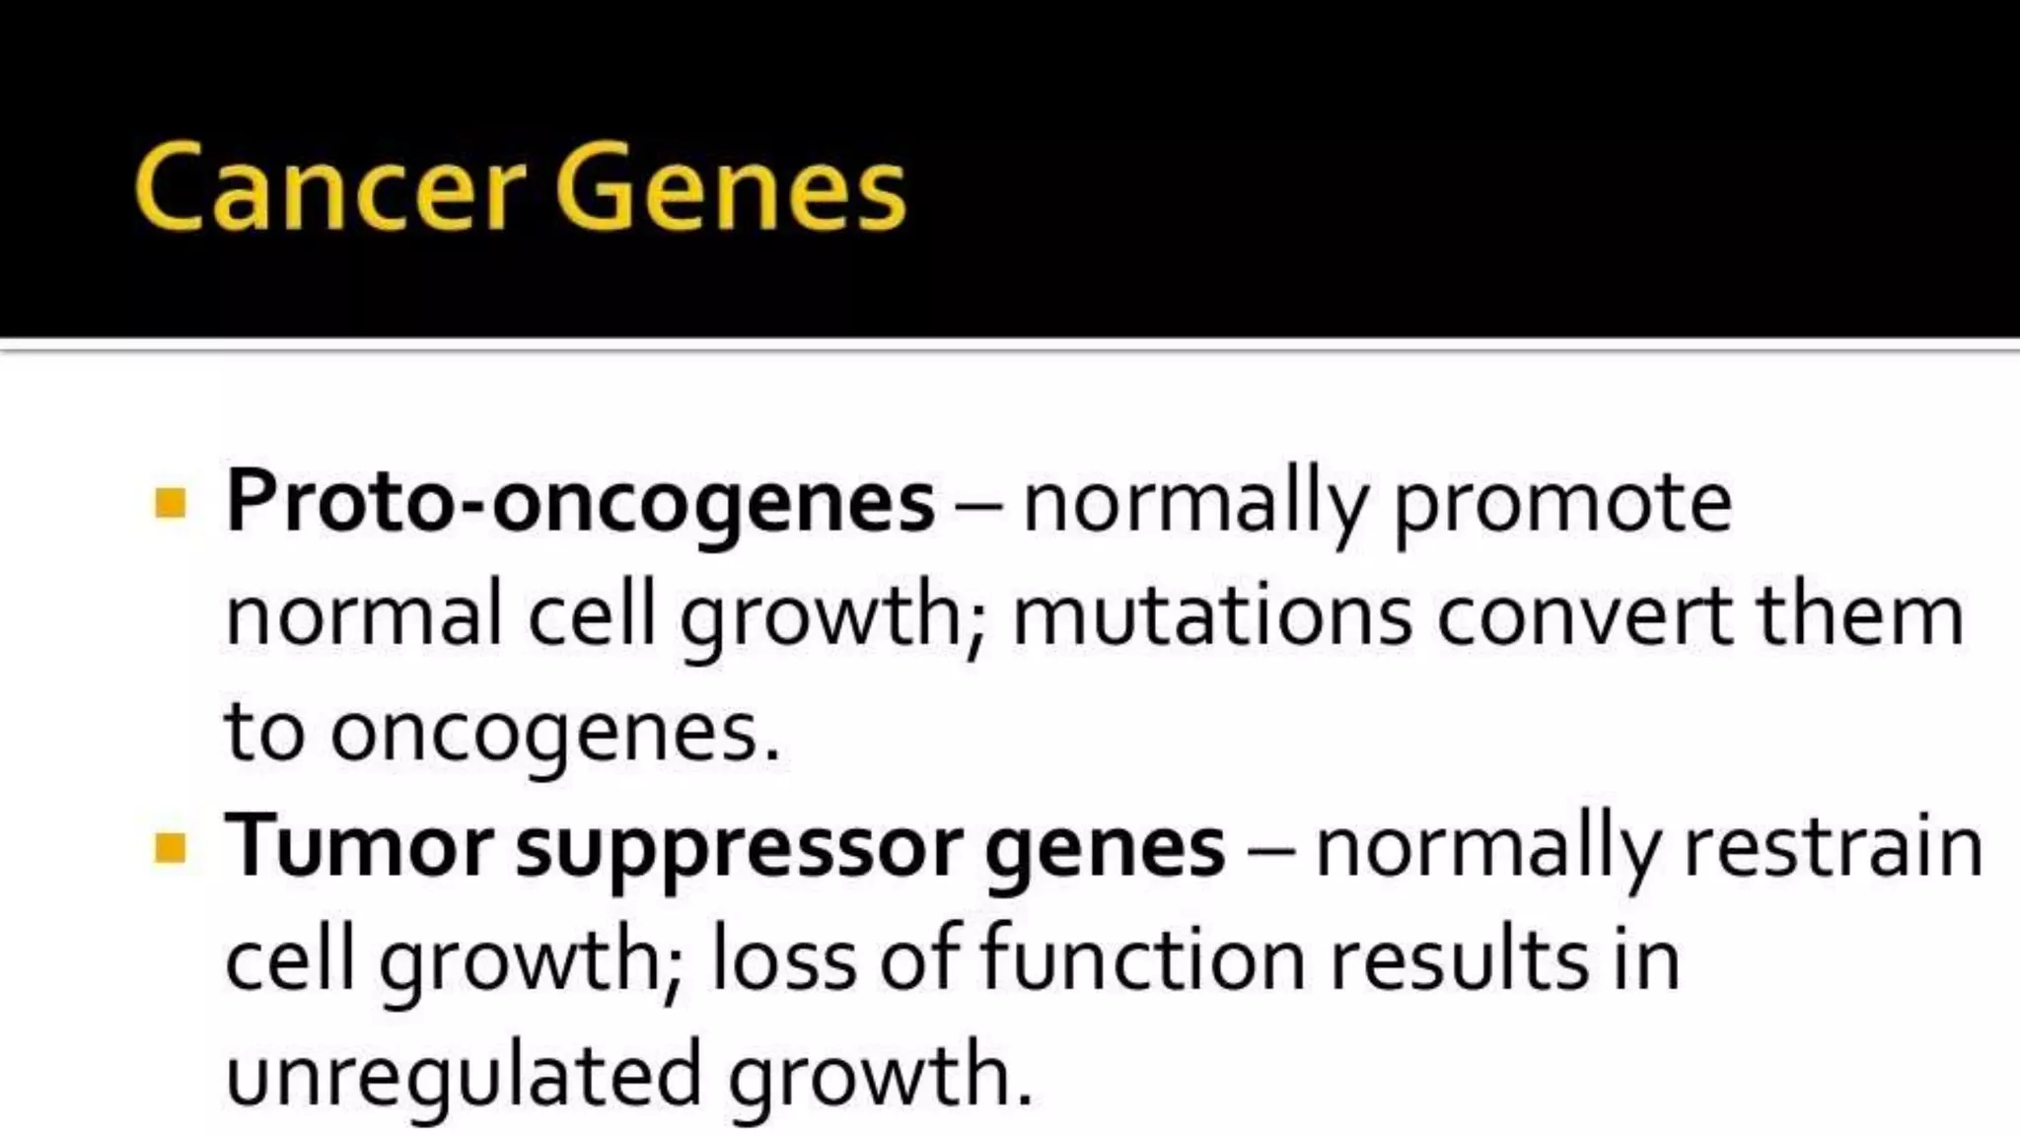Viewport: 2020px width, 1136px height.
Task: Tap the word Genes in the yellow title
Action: [730, 187]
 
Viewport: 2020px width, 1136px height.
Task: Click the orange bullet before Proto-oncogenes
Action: [171, 503]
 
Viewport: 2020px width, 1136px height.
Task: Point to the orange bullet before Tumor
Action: [171, 847]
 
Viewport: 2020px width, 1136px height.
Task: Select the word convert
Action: [1584, 617]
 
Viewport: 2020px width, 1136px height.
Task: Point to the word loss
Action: [783, 960]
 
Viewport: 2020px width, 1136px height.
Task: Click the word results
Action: [1459, 960]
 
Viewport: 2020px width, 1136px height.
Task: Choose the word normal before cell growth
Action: [364, 617]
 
